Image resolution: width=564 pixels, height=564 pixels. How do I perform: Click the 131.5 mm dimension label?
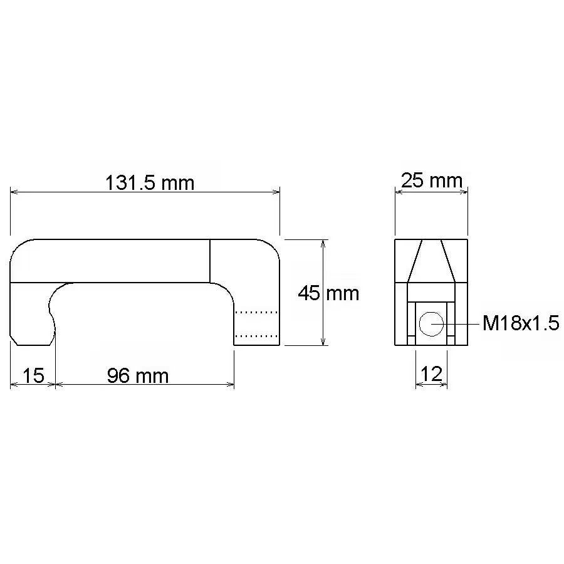(x=150, y=183)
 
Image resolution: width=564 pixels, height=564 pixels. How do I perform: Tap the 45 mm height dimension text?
(x=328, y=293)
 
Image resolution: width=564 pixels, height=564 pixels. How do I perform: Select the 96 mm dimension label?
(x=138, y=376)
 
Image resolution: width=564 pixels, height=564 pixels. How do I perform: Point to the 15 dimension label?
(x=33, y=375)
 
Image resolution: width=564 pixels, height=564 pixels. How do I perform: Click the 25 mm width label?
(x=431, y=180)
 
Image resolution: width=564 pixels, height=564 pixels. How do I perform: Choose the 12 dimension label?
(x=431, y=374)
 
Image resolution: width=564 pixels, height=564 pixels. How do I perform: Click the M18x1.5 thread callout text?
(x=521, y=323)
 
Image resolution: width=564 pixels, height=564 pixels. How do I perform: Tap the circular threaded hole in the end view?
(x=431, y=324)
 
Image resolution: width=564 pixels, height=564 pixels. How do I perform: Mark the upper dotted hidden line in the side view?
(x=256, y=312)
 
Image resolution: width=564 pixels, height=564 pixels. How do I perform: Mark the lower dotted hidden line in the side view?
(x=256, y=336)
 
